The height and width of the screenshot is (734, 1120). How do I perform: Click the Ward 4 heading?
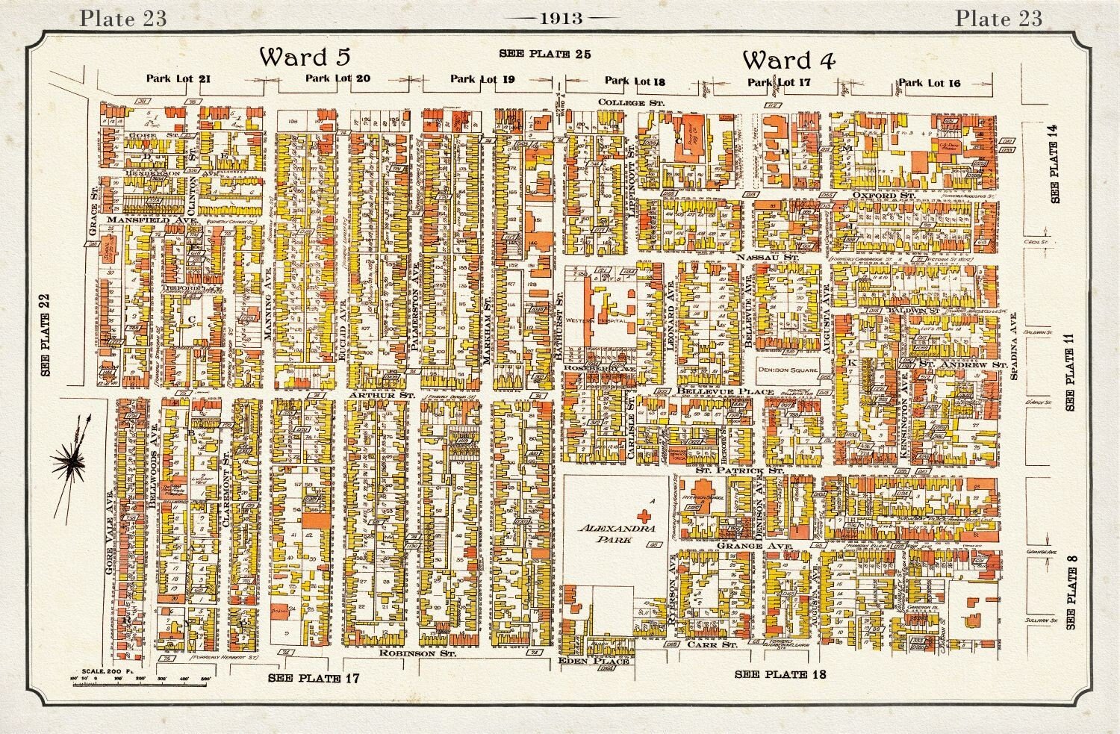(788, 59)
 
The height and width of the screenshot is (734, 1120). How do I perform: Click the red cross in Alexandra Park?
(643, 514)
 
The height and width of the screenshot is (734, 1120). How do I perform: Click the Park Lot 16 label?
(929, 83)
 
